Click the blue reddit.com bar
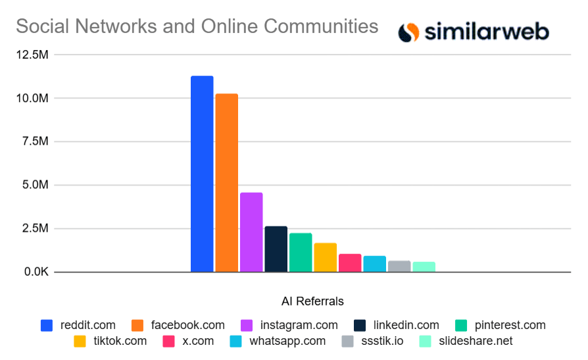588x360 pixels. [202, 174]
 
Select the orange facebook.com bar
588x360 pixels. [226, 183]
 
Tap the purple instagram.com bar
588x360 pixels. [251, 232]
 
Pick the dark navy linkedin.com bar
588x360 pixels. [276, 249]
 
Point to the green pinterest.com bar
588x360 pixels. [301, 252]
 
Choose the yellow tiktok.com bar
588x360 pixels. [325, 257]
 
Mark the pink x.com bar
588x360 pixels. [350, 263]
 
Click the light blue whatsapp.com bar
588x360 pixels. [374, 264]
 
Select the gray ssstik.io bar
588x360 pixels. [399, 266]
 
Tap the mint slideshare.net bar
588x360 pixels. [424, 267]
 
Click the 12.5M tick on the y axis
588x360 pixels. [32, 55]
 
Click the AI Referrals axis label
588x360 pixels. [312, 301]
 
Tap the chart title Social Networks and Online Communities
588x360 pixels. [197, 26]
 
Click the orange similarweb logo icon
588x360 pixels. [408, 32]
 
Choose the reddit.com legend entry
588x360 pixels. [78, 325]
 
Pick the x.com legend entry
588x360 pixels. [187, 341]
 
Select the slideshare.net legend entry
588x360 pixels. [466, 341]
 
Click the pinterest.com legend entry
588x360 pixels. [501, 325]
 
